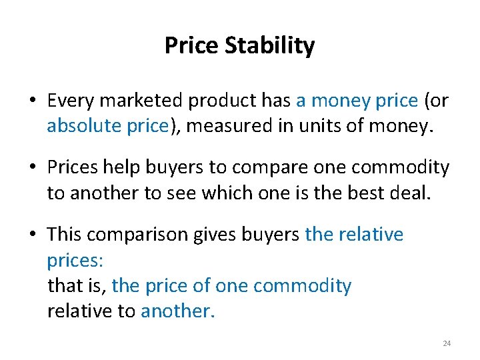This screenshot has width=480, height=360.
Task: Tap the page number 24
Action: [x=447, y=343]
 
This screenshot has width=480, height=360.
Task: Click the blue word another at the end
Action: [x=178, y=311]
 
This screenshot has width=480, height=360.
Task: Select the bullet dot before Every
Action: [x=33, y=101]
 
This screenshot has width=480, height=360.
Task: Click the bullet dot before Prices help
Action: [x=33, y=168]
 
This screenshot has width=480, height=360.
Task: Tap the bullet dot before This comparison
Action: [x=33, y=235]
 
